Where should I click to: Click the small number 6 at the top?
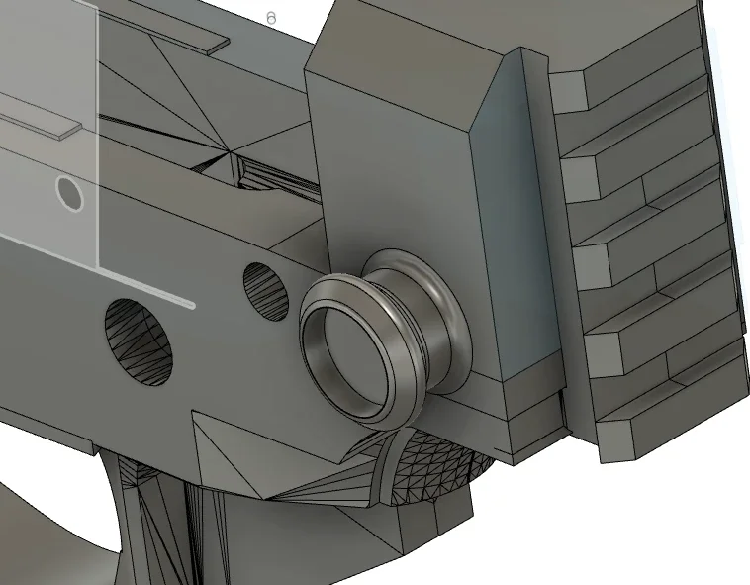(x=271, y=18)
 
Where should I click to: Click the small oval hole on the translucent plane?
(x=69, y=192)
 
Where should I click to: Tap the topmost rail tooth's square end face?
(x=568, y=91)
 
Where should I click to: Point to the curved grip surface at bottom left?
(x=59, y=525)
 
